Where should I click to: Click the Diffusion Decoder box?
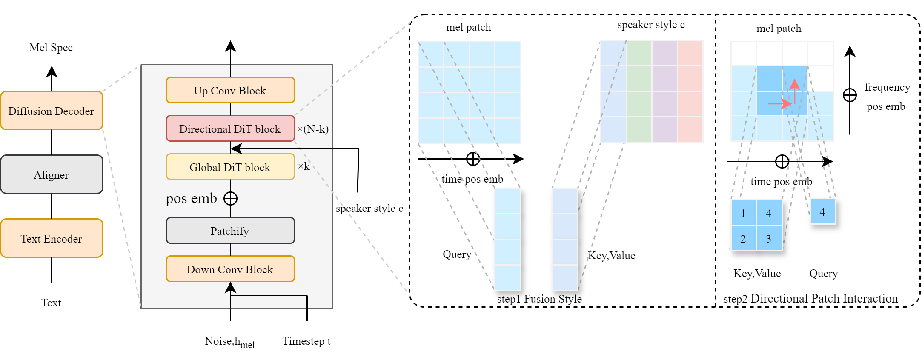click(x=52, y=111)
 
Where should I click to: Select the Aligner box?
click(x=52, y=174)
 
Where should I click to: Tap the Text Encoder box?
click(x=52, y=238)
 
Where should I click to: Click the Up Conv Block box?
click(x=230, y=90)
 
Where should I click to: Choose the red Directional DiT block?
click(x=230, y=129)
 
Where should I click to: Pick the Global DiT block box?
click(x=230, y=167)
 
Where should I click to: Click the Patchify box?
click(x=230, y=231)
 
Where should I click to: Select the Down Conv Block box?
click(x=230, y=269)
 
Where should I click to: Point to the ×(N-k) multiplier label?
click(x=313, y=129)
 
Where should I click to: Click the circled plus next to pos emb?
click(x=230, y=199)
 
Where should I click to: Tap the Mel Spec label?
click(x=51, y=48)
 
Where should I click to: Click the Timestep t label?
click(x=306, y=341)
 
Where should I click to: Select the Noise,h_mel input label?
click(x=230, y=342)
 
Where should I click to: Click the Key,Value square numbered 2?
click(x=744, y=238)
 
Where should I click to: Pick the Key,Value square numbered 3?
click(x=769, y=238)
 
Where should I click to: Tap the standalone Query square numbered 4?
click(x=823, y=211)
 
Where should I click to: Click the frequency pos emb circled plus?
click(x=850, y=95)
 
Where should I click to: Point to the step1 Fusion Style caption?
click(x=539, y=299)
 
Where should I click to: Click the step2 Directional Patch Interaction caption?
click(x=811, y=299)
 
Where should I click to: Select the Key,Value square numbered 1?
click(x=744, y=213)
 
